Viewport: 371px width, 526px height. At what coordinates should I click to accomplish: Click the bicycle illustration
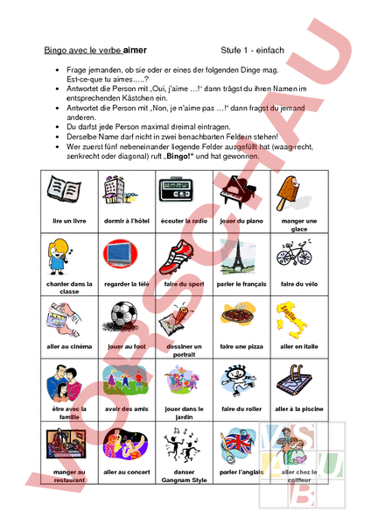pos(294,253)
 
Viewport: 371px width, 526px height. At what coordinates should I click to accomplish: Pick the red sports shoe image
pos(180,254)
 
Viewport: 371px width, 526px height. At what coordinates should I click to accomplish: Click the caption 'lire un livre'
pos(68,221)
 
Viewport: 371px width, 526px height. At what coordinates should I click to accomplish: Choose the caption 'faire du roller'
pos(240,409)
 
